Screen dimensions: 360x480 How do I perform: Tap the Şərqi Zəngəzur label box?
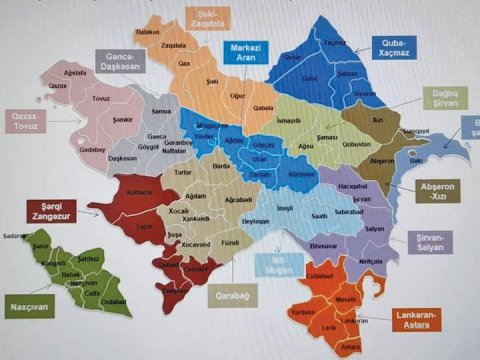[x=51, y=211]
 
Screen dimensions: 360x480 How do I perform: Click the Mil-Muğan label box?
[x=276, y=264]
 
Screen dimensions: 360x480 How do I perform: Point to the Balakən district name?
[x=148, y=32]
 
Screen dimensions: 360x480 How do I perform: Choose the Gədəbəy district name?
[x=91, y=149]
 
